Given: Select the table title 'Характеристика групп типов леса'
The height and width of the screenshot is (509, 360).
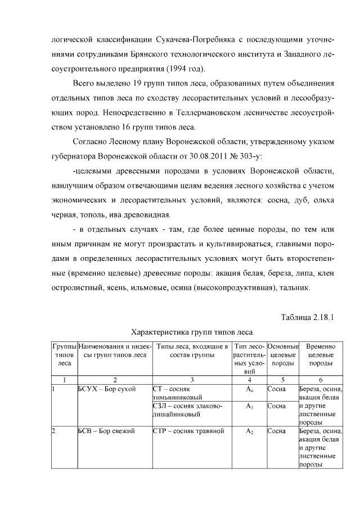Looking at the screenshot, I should [x=191, y=332].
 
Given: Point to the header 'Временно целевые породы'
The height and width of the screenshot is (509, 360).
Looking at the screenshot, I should [x=320, y=355].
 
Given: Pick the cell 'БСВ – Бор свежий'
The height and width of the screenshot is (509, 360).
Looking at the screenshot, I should [x=106, y=431].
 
